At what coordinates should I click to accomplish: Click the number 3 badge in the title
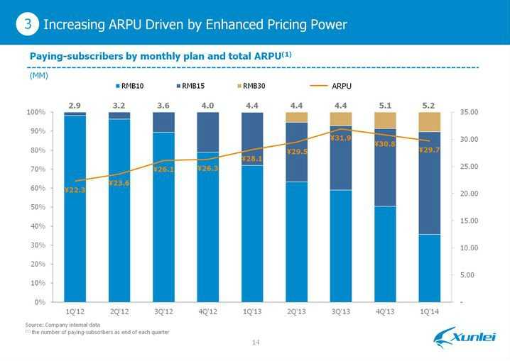26,26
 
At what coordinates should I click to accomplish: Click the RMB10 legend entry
131,87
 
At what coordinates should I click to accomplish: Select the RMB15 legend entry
192,87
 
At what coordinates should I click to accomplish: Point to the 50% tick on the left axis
36,207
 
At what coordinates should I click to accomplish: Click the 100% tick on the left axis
35,113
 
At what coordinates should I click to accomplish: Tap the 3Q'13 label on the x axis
340,312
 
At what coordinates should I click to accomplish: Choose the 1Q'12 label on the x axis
75,312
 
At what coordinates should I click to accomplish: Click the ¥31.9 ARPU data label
340,138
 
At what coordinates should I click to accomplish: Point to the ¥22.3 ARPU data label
75,190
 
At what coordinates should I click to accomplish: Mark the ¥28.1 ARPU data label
252,159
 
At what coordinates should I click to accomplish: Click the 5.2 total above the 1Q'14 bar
428,105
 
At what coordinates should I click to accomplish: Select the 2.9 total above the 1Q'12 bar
75,105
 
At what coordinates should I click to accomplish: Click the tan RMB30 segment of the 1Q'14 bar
429,122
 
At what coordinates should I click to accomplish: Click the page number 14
255,343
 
